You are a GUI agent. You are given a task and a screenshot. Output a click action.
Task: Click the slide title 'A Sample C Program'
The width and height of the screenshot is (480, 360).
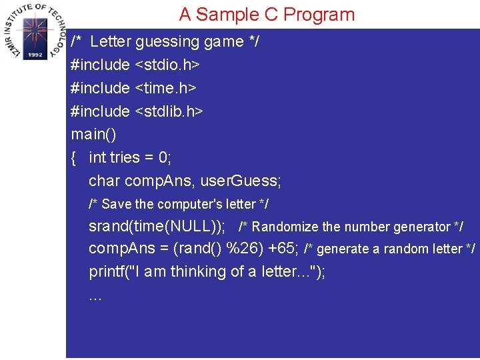pos(267,14)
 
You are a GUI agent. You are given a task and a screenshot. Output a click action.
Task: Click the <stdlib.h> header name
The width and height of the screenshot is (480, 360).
pos(169,111)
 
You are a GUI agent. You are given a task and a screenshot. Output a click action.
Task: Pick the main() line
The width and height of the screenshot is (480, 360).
pos(93,134)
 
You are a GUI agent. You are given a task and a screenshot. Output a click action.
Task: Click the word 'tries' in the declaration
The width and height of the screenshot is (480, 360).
pos(125,157)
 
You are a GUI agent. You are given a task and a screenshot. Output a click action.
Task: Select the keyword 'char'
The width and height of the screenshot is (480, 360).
pos(105,181)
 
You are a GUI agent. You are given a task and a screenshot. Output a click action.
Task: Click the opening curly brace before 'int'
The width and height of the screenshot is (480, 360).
pos(74,157)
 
